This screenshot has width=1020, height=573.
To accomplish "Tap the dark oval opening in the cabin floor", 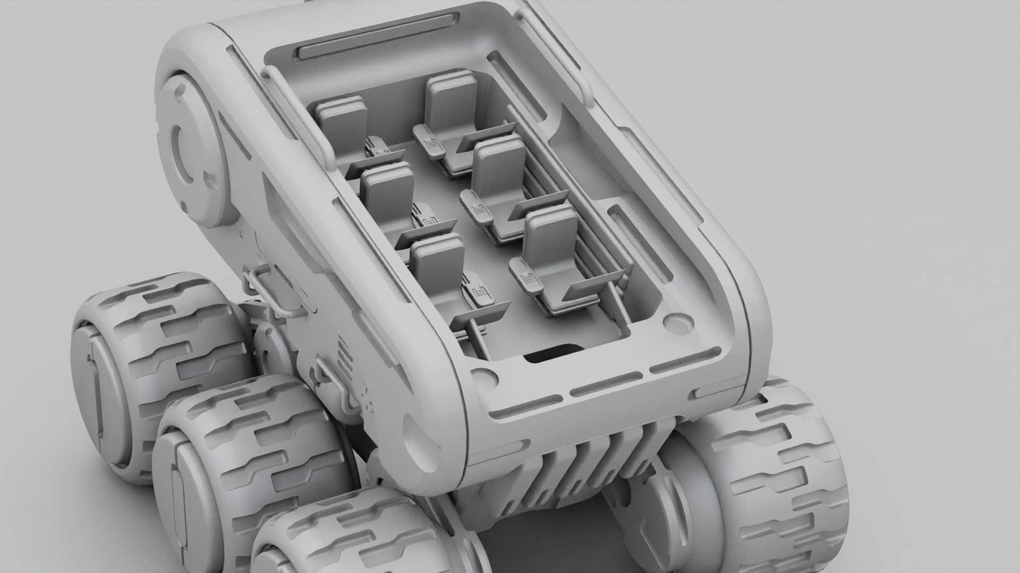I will pyautogui.click(x=552, y=353).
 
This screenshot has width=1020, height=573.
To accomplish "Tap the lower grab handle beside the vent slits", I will pyautogui.click(x=335, y=382).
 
